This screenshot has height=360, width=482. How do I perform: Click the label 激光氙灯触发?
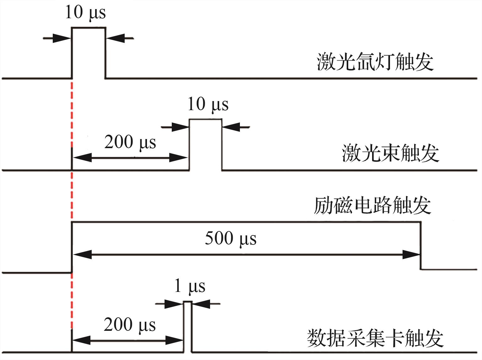click(x=375, y=62)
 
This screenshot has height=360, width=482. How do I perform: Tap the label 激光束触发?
click(x=390, y=153)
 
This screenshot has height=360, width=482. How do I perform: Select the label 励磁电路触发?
click(x=372, y=206)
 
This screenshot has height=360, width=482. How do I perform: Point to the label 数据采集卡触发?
click(x=375, y=338)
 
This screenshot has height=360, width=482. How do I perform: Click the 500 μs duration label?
click(x=230, y=238)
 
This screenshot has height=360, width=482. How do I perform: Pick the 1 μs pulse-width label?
click(x=190, y=286)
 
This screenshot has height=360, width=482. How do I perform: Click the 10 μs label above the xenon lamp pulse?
click(x=85, y=13)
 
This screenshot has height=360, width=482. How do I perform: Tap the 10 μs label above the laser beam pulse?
click(x=208, y=104)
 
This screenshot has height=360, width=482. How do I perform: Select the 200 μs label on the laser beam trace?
click(x=130, y=142)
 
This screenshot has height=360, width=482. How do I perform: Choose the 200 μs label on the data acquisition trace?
click(x=130, y=325)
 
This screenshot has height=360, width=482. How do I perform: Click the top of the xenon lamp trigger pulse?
click(x=89, y=28)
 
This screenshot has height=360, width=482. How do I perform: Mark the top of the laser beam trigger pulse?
click(x=205, y=119)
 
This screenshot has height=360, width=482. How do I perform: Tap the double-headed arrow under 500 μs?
click(x=246, y=255)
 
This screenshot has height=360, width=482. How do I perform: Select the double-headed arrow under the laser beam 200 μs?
click(x=130, y=158)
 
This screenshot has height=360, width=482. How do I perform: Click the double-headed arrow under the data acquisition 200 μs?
click(x=127, y=340)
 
